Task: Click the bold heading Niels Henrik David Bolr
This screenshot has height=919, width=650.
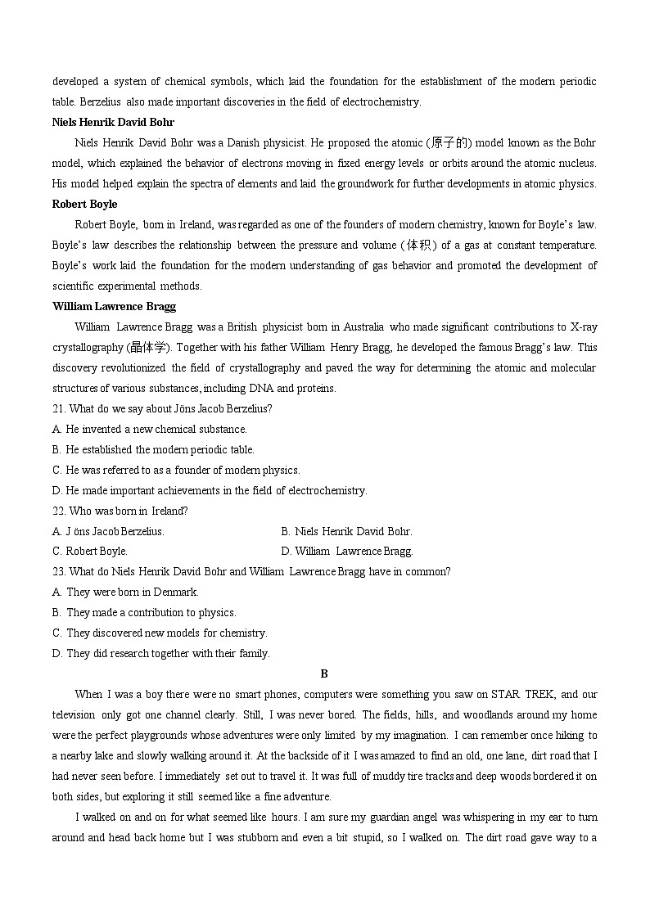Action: click(x=113, y=123)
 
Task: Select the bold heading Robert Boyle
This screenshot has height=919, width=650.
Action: click(x=84, y=205)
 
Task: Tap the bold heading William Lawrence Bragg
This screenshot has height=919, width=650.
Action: click(x=114, y=307)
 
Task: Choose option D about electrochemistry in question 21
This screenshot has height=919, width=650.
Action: click(x=209, y=491)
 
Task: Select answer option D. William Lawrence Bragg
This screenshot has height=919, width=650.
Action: click(x=346, y=552)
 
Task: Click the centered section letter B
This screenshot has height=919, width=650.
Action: click(x=324, y=674)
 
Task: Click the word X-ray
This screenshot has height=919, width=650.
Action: click(x=582, y=327)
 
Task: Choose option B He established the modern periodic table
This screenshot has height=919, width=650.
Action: click(x=153, y=450)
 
